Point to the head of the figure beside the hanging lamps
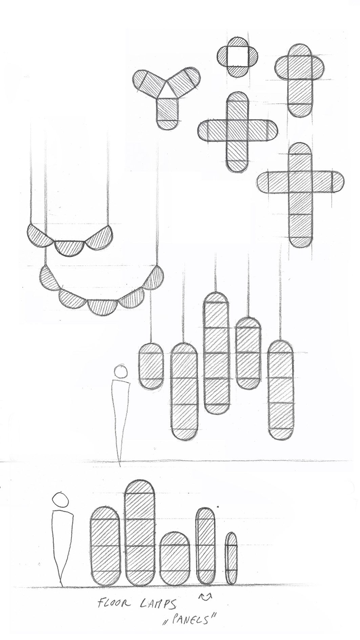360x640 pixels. [x=121, y=371]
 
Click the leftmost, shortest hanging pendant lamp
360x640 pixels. [x=151, y=366]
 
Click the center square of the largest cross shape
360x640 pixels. [x=300, y=184]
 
